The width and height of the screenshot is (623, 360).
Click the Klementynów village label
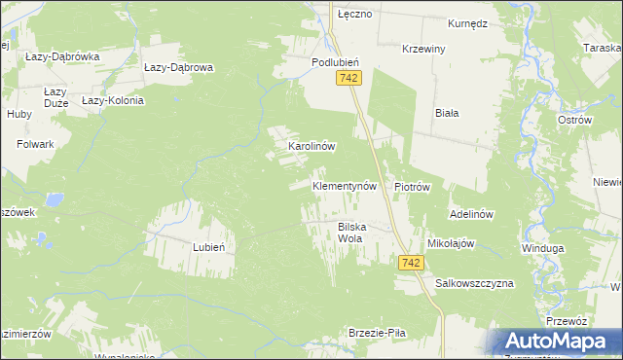click(344, 185)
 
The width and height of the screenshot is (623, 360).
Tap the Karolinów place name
click(311, 147)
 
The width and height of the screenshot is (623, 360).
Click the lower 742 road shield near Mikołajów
click(410, 263)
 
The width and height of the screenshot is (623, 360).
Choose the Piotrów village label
click(412, 186)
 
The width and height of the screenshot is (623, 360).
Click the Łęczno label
click(354, 17)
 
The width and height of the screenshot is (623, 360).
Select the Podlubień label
click(336, 61)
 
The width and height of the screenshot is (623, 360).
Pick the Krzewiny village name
click(424, 49)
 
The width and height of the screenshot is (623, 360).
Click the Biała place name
click(447, 112)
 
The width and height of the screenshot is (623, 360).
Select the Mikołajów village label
click(451, 243)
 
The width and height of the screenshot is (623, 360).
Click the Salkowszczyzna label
click(474, 282)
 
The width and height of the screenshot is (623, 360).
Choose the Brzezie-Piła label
click(377, 333)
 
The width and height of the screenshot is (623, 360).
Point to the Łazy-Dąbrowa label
click(178, 68)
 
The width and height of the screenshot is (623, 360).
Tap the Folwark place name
click(35, 144)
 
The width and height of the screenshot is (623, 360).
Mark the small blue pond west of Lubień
click(54, 200)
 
